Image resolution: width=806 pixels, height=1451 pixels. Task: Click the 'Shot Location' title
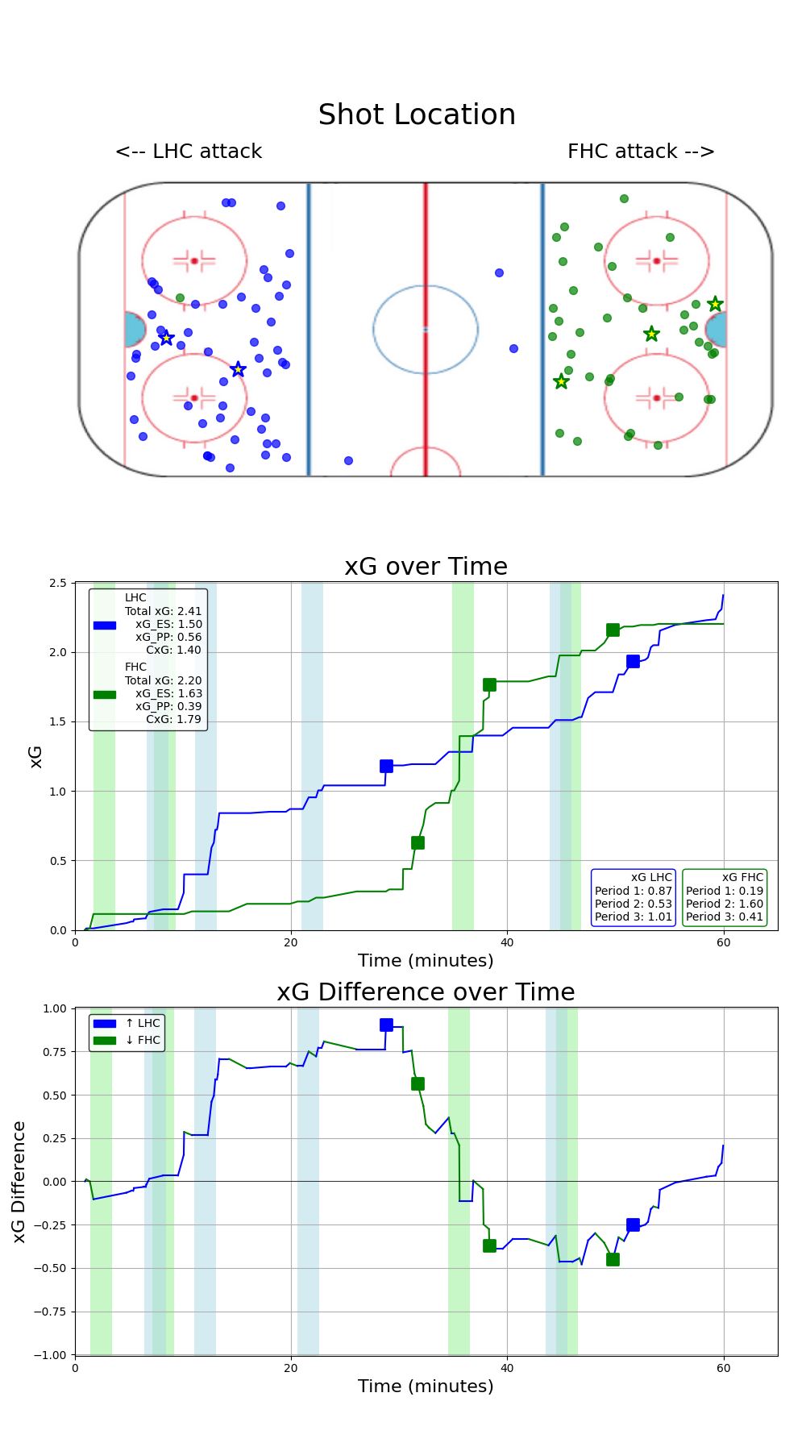[x=417, y=115]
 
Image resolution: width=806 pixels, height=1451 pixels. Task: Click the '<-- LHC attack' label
[x=189, y=152]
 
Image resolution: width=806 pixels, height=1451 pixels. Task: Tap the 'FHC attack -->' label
[x=641, y=152]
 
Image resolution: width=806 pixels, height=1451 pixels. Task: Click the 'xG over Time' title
[x=426, y=567]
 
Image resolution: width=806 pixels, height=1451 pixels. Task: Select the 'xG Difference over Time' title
[x=426, y=992]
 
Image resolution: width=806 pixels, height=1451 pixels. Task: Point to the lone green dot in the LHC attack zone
[x=180, y=298]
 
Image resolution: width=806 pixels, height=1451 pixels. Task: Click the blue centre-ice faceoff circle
[x=426, y=329]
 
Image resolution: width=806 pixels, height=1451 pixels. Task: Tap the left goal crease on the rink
[x=134, y=330]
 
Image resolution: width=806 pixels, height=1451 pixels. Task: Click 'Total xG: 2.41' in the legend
[x=163, y=612]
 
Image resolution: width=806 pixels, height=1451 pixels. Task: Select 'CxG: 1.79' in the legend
[x=173, y=719]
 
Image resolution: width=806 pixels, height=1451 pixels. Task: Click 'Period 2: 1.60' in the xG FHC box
[x=724, y=904]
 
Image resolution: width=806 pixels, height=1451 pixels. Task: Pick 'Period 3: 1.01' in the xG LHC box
[x=633, y=917]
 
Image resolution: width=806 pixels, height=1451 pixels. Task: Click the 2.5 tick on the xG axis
[x=57, y=583]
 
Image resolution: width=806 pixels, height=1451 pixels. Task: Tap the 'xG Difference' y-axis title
[x=19, y=1182]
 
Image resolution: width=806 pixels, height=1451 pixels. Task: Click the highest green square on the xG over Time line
[x=613, y=630]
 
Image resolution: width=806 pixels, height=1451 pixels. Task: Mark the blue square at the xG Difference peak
[x=386, y=1025]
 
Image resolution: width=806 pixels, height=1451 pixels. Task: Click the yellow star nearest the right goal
[x=715, y=304]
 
